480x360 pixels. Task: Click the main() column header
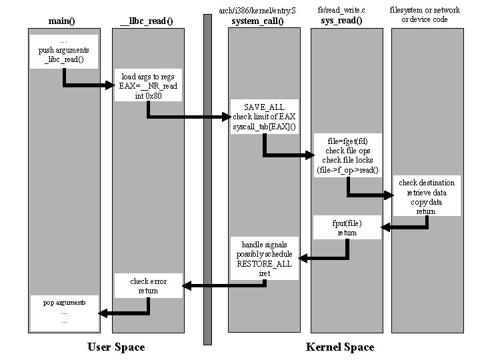(62, 21)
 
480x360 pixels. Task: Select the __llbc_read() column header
(146, 21)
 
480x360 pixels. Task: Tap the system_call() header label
(257, 21)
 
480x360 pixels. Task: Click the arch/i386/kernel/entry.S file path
(257, 10)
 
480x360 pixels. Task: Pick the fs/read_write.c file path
(341, 10)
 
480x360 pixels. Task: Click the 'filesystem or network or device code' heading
(425, 15)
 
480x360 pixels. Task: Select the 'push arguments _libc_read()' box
(64, 51)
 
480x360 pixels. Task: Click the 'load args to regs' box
(148, 86)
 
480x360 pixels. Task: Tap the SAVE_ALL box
(265, 117)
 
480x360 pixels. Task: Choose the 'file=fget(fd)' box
(347, 155)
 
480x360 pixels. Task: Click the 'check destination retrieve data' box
(427, 197)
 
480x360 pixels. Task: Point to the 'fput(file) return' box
(347, 227)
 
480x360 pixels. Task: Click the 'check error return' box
(148, 286)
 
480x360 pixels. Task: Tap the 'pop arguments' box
(64, 312)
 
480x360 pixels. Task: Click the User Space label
(116, 347)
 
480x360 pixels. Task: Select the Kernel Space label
(340, 347)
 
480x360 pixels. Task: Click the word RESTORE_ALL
(265, 264)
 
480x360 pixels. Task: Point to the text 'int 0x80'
(148, 96)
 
